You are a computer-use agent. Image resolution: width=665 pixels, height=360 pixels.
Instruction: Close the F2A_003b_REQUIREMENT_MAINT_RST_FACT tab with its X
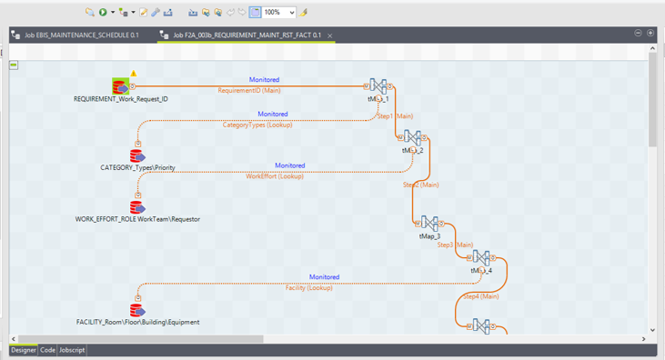click(330, 35)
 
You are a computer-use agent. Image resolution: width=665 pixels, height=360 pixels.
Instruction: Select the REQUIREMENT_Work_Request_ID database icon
click(120, 86)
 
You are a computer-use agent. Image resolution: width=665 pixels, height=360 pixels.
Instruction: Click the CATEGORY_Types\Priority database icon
click(136, 156)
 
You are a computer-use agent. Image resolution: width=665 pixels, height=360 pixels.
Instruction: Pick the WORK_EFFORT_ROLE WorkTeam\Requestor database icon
click(136, 208)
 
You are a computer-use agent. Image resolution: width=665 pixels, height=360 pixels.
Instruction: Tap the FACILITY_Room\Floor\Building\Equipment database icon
click(136, 311)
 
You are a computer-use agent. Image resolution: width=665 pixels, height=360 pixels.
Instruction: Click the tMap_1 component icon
click(378, 86)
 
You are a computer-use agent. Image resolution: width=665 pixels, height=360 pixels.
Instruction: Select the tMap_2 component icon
click(413, 138)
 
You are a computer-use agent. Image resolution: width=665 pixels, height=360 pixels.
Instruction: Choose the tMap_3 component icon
click(429, 224)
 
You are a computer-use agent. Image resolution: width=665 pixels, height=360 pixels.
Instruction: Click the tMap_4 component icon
click(481, 258)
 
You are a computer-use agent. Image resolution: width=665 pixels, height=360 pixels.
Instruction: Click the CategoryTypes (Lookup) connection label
click(257, 125)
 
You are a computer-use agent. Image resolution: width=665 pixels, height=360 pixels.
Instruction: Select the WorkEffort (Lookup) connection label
click(275, 176)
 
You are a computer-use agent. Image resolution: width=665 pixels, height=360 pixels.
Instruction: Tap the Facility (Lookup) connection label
click(308, 287)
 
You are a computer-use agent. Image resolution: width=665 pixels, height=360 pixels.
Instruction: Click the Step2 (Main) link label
click(420, 185)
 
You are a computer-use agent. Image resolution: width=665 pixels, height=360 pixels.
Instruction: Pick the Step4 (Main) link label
click(480, 296)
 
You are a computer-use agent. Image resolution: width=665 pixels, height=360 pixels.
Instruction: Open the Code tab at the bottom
click(47, 350)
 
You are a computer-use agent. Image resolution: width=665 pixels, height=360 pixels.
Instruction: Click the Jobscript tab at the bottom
click(72, 350)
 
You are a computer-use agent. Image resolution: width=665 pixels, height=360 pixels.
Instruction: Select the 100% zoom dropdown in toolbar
click(279, 13)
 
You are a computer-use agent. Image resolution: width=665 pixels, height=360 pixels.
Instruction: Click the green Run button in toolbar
click(103, 13)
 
